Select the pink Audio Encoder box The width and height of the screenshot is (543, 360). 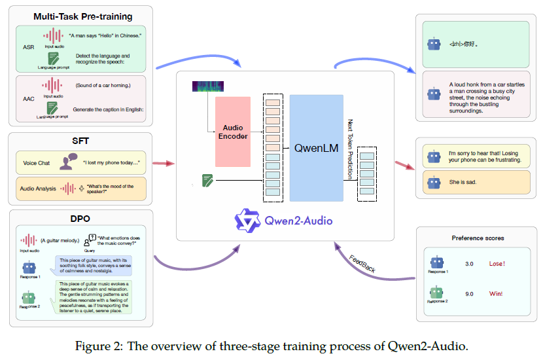[232, 132]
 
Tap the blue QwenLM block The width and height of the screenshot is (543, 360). [316, 148]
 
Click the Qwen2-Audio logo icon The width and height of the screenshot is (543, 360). [248, 219]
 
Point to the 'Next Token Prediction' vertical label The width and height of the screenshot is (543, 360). [351, 149]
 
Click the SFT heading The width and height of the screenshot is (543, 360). [80, 141]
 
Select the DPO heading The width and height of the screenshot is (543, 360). [80, 219]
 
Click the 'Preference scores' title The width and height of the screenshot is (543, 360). [478, 238]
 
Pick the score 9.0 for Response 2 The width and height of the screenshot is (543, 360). [469, 294]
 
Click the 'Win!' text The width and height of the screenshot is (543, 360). [497, 294]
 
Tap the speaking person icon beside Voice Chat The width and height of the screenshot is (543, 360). [67, 163]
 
